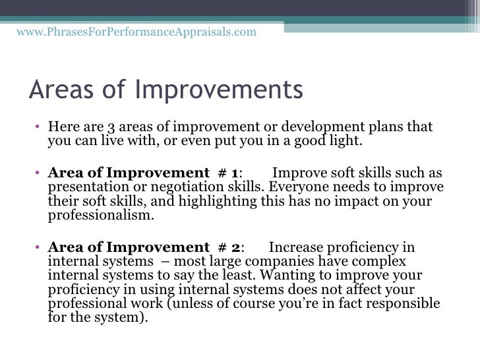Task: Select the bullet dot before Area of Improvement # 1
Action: [40, 174]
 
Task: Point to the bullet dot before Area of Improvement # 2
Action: [40, 249]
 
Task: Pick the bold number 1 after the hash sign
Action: [236, 173]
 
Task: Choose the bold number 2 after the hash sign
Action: [236, 248]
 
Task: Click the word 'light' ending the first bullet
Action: [347, 141]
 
